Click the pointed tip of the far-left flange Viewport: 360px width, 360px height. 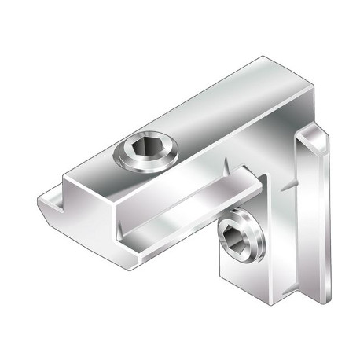39,205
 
